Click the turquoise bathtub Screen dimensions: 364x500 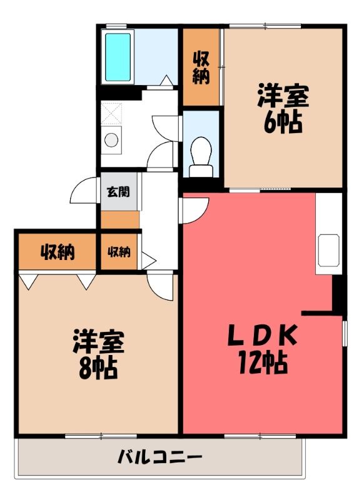click(x=118, y=57)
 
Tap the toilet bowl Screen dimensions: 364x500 click(x=201, y=150)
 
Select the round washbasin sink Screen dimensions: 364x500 click(x=111, y=140)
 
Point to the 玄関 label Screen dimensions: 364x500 click(x=118, y=192)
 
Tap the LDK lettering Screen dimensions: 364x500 click(x=262, y=335)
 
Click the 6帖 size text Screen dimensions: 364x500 click(x=283, y=122)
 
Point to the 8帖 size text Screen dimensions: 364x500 click(x=98, y=369)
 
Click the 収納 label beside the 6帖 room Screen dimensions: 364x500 click(x=201, y=67)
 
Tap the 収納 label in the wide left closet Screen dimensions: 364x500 click(x=58, y=252)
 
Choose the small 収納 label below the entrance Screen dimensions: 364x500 click(x=119, y=252)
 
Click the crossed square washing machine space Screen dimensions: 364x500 click(x=111, y=113)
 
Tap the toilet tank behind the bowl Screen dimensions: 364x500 click(x=201, y=171)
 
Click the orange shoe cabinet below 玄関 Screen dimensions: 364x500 click(x=120, y=220)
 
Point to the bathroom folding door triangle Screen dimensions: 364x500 click(x=166, y=81)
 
